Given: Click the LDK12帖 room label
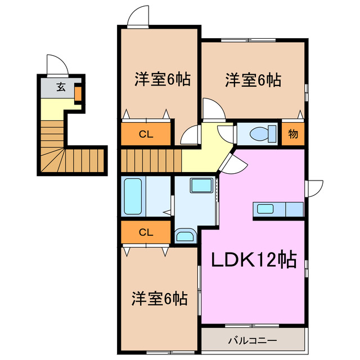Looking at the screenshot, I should tap(254, 260).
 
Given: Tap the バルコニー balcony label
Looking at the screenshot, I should tap(253, 340).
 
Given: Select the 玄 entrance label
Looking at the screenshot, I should tap(59, 87).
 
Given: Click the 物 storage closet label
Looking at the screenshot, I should tap(293, 134).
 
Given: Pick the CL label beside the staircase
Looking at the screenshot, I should tap(146, 134).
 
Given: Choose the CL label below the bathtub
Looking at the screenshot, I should tap(146, 232).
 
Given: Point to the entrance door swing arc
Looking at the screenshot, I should tap(57, 66).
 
